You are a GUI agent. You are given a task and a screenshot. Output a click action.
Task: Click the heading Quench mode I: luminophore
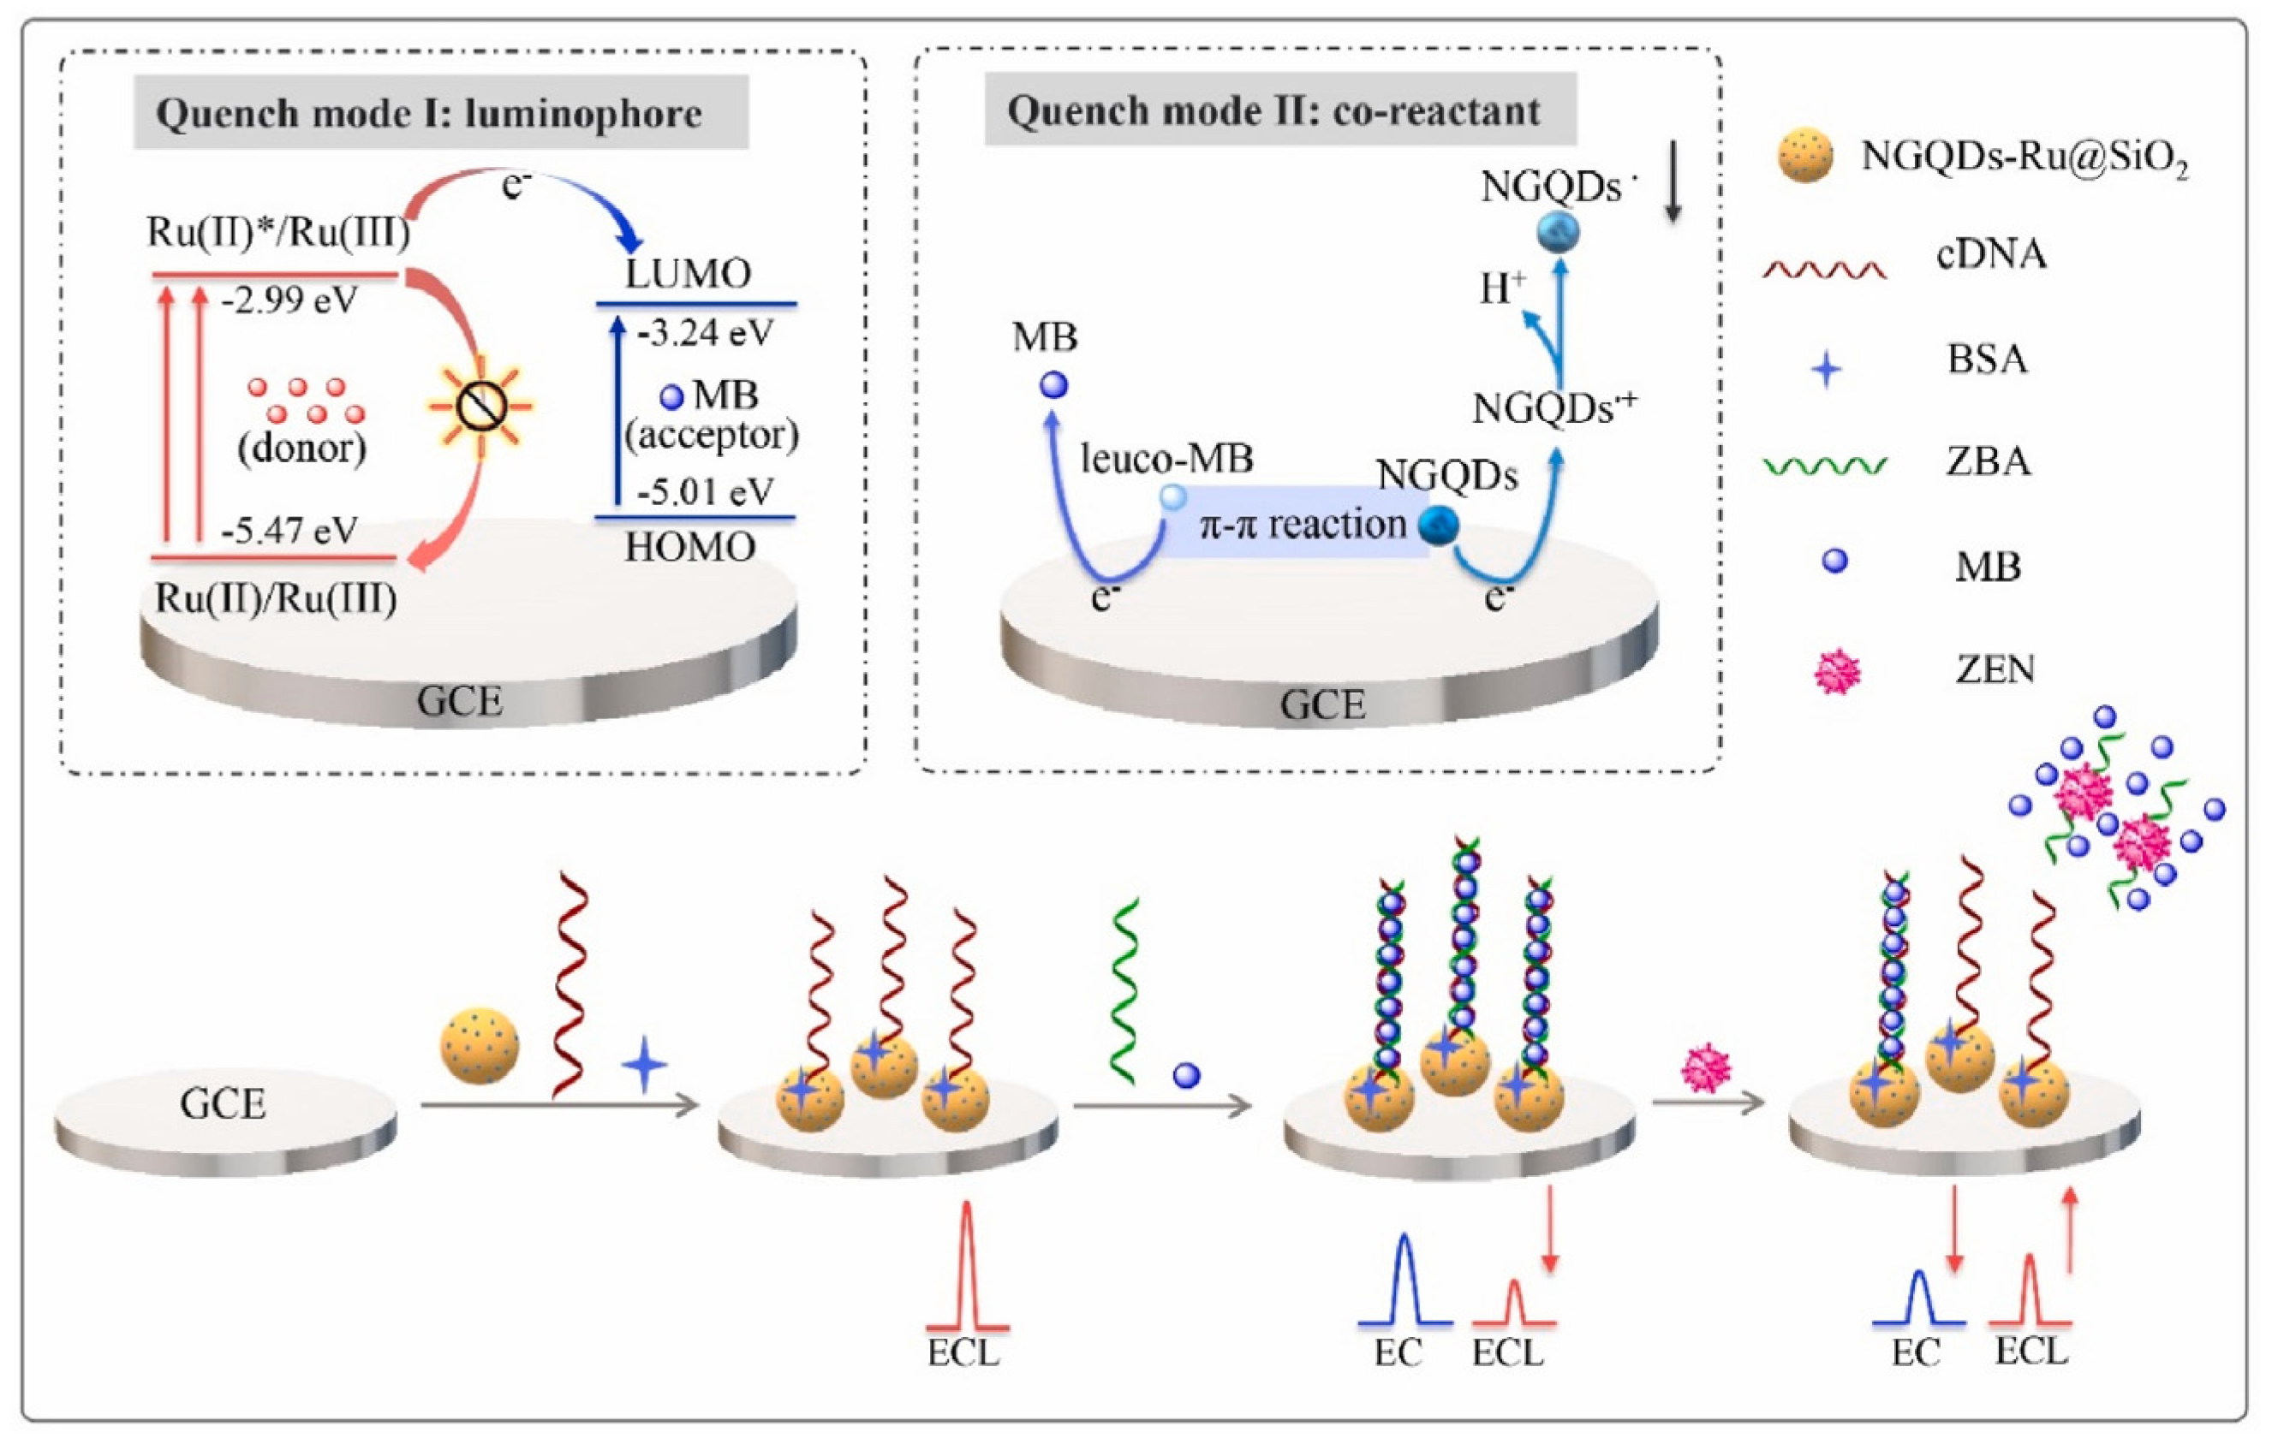(429, 114)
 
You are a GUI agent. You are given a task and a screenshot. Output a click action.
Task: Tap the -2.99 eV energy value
(289, 302)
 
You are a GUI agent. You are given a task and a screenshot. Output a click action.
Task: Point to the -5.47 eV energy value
(289, 531)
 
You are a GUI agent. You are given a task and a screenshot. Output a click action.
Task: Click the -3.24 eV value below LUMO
(705, 333)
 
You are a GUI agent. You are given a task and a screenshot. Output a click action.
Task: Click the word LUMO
(689, 275)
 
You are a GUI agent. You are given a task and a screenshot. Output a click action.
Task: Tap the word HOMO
(689, 547)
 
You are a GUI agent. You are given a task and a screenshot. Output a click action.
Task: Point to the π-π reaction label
(1302, 524)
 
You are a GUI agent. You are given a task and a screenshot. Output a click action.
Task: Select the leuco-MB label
(1167, 460)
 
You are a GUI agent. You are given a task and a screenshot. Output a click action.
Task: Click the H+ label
(1501, 288)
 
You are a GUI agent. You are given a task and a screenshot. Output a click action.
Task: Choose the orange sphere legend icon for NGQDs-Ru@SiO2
(1804, 157)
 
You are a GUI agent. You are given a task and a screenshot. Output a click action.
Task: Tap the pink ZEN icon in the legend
(1836, 673)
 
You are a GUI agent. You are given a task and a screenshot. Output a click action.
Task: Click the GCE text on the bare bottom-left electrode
(223, 1103)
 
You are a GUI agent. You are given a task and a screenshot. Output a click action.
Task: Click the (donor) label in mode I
(302, 448)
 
